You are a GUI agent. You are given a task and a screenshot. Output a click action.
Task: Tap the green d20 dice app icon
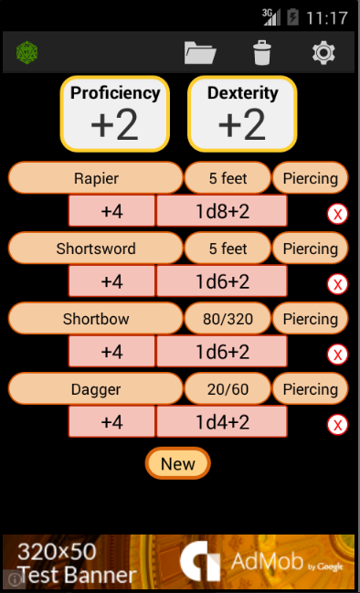pyautogui.click(x=26, y=53)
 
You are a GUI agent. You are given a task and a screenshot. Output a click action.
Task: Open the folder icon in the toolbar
pyautogui.click(x=200, y=53)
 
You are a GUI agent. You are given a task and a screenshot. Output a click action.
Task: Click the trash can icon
pyautogui.click(x=262, y=53)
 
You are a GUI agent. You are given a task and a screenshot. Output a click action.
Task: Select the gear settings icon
pyautogui.click(x=323, y=53)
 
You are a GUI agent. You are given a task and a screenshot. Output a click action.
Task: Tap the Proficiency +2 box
pyautogui.click(x=115, y=114)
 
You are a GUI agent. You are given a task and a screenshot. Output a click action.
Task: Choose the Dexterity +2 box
pyautogui.click(x=242, y=114)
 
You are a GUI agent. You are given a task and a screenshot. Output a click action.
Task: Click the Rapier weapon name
pyautogui.click(x=96, y=178)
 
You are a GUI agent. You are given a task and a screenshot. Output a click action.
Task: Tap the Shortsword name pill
pyautogui.click(x=96, y=249)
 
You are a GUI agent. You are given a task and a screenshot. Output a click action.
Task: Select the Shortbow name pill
pyautogui.click(x=96, y=319)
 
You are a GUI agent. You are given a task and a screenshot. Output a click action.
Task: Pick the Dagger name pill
pyautogui.click(x=96, y=388)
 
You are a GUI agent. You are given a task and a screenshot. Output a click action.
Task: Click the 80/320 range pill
pyautogui.click(x=228, y=319)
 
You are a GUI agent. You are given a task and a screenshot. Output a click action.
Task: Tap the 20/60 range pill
pyautogui.click(x=228, y=388)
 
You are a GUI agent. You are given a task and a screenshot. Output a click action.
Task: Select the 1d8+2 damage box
pyautogui.click(x=222, y=211)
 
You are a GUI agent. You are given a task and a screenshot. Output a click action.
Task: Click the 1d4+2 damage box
pyautogui.click(x=222, y=422)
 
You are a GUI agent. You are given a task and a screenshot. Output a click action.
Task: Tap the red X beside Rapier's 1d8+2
pyautogui.click(x=337, y=214)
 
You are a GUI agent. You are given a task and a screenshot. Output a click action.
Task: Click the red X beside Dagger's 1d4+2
pyautogui.click(x=337, y=425)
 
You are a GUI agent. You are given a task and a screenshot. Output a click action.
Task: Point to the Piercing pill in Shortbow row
pyautogui.click(x=310, y=319)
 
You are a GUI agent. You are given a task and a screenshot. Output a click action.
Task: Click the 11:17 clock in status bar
pyautogui.click(x=326, y=17)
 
